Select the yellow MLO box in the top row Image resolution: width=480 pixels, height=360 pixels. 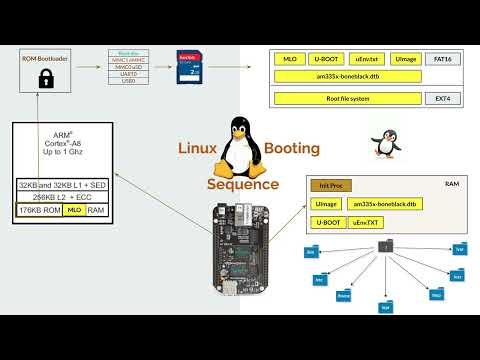(290, 60)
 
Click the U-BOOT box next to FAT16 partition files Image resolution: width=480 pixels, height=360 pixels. (326, 60)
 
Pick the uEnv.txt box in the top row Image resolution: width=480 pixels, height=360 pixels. (366, 60)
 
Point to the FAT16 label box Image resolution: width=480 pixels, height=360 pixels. (441, 60)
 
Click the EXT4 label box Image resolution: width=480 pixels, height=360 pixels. (441, 99)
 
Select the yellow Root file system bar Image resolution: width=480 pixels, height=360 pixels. (346, 99)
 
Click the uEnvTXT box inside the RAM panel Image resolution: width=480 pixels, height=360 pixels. (367, 221)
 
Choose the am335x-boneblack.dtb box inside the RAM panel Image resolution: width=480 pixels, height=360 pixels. (384, 204)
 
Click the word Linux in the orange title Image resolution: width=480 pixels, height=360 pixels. (197, 149)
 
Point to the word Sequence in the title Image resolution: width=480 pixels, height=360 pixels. (244, 184)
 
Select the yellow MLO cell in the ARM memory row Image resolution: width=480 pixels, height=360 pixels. (74, 211)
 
